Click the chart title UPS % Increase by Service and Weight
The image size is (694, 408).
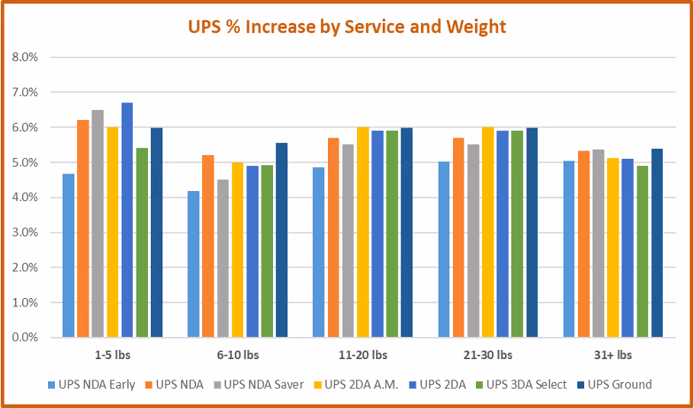(346, 27)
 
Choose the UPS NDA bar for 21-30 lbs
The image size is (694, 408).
(458, 238)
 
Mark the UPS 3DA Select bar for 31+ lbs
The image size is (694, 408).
(643, 251)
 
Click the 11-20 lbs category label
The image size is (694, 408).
(362, 355)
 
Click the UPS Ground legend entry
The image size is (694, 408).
(615, 384)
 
